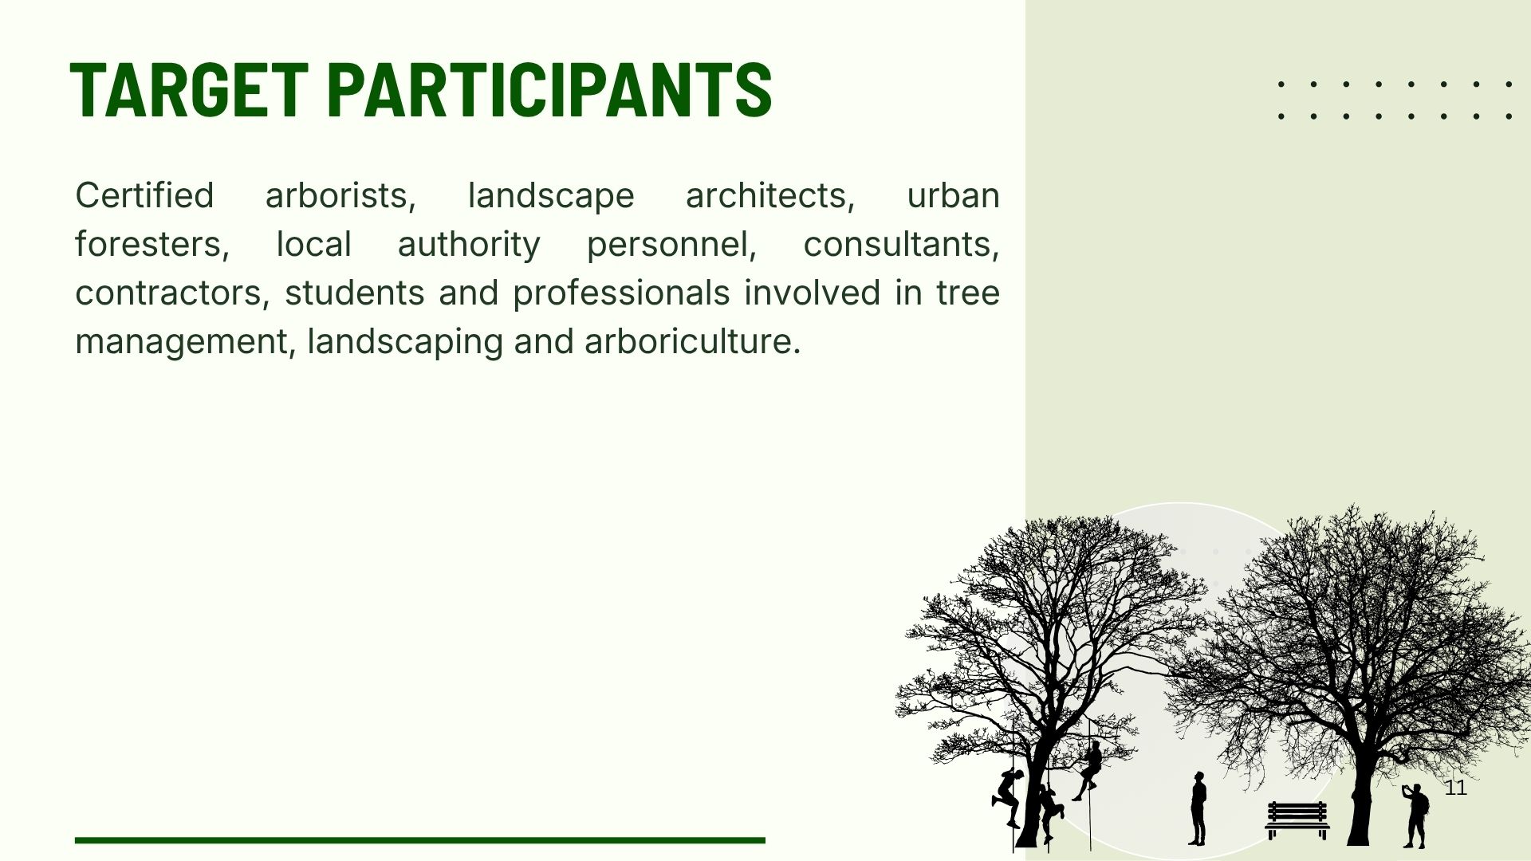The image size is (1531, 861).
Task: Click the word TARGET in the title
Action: click(x=189, y=89)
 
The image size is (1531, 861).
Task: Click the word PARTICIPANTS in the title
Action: click(x=549, y=89)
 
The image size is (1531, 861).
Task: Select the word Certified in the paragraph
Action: click(x=144, y=195)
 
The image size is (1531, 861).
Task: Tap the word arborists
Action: click(x=340, y=196)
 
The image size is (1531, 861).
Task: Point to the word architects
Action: click(x=770, y=196)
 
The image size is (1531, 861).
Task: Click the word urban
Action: click(x=953, y=195)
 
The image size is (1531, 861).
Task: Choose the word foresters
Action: click(x=152, y=245)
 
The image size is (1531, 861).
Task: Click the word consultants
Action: click(x=901, y=245)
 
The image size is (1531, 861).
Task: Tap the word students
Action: click(x=354, y=293)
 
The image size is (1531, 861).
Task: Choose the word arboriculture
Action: click(x=692, y=342)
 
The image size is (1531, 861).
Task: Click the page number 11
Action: click(x=1456, y=788)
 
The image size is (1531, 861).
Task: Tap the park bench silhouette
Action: click(x=1297, y=820)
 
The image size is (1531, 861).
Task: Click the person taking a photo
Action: click(x=1415, y=816)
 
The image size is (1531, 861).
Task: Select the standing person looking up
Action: click(x=1198, y=808)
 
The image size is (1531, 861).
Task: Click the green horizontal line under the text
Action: click(x=420, y=840)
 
